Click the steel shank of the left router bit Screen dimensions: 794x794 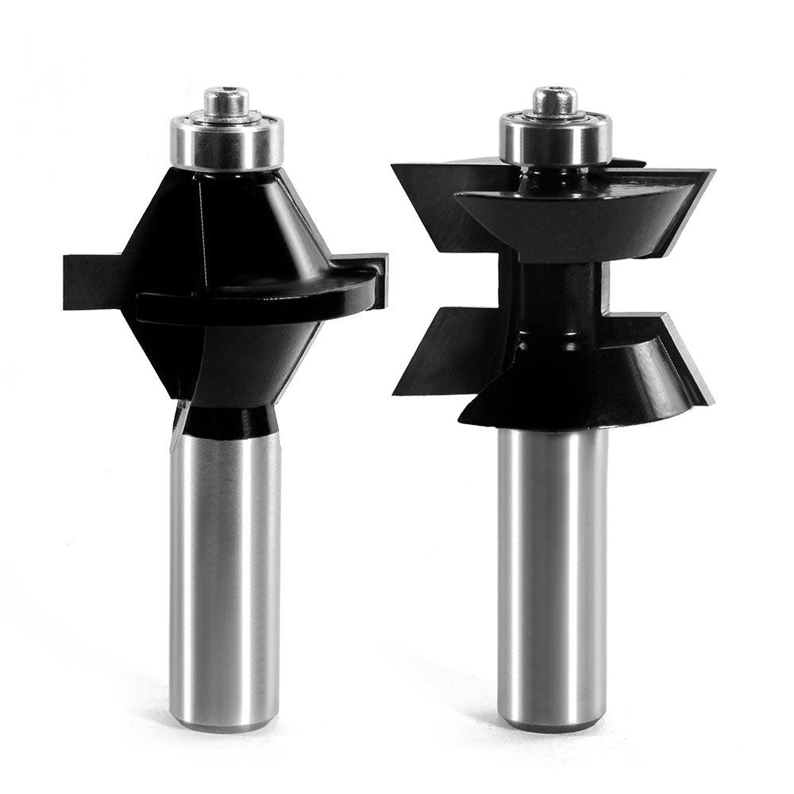click(x=226, y=572)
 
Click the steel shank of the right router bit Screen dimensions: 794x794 click(x=552, y=572)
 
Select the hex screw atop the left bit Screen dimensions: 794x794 click(x=226, y=101)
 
